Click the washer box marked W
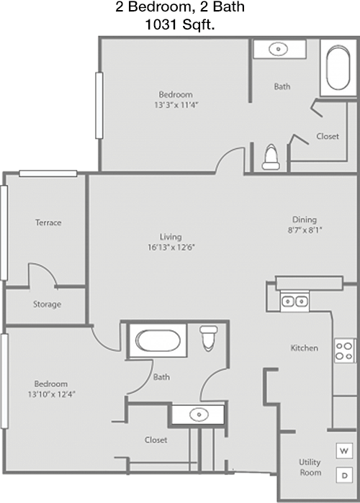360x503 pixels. [344, 450]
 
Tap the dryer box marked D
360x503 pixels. [344, 475]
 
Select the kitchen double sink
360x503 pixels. [294, 302]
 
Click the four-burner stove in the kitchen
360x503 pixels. [344, 350]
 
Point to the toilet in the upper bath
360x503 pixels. [271, 157]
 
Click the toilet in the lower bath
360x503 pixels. [209, 338]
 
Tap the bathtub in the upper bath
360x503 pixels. [338, 68]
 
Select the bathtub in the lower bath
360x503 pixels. [158, 340]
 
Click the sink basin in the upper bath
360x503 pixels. [278, 49]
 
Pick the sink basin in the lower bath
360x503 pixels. [199, 414]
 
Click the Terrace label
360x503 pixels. [48, 222]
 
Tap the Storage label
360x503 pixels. [48, 304]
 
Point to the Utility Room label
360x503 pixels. [310, 467]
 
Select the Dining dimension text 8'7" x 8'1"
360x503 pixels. [305, 230]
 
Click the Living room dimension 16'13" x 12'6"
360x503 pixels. [171, 247]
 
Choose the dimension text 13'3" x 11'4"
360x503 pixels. [176, 105]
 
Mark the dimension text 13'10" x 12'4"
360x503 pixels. [51, 394]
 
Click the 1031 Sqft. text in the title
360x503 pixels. [180, 24]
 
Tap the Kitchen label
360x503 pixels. [305, 348]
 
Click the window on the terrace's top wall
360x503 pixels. [48, 173]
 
